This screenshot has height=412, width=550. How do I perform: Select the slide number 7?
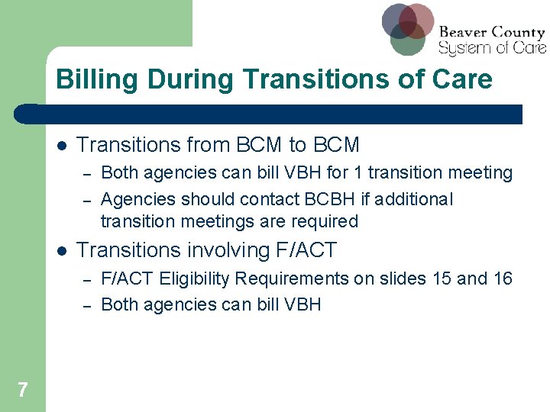tap(22, 391)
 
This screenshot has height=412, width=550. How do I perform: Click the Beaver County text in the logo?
tap(491, 32)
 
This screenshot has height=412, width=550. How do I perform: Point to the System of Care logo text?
tap(491, 47)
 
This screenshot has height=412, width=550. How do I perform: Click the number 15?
tap(442, 278)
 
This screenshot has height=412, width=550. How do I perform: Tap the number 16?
tap(503, 278)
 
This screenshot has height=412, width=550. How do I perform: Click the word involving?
tap(214, 250)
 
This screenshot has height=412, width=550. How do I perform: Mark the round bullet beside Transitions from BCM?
tap(61, 146)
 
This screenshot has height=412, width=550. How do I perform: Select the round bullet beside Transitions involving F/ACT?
tap(61, 251)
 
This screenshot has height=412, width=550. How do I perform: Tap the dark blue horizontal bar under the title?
tap(267, 114)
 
